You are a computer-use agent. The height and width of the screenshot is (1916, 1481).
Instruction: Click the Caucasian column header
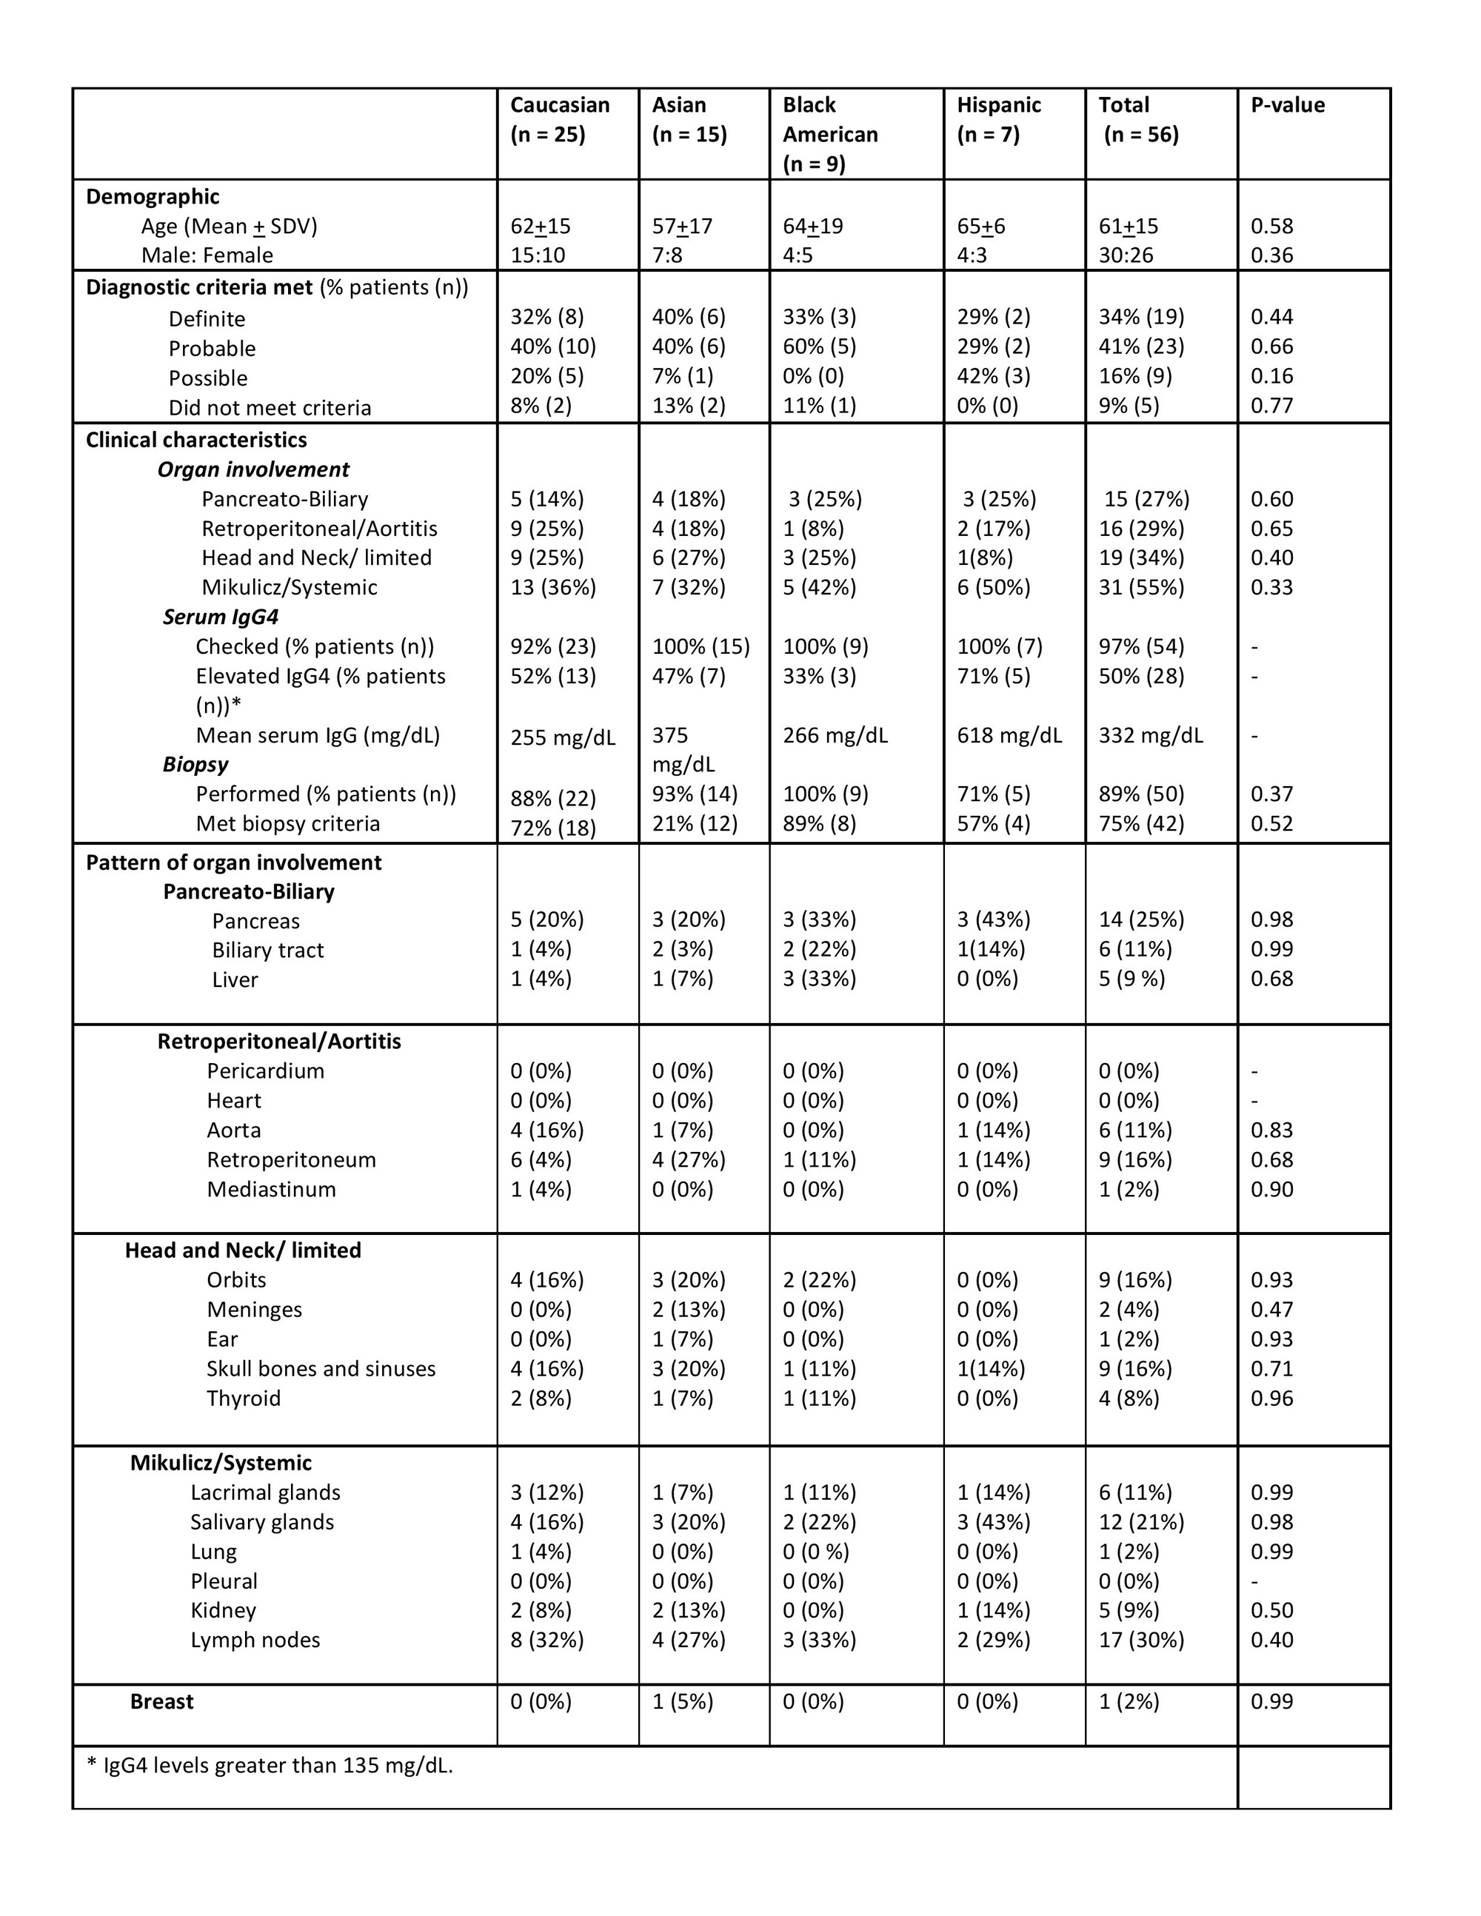click(560, 119)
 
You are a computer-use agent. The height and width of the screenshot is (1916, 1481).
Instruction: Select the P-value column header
click(1287, 105)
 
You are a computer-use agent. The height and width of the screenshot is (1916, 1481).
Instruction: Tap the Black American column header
click(830, 133)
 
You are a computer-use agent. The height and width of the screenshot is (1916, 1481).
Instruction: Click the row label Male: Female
click(207, 255)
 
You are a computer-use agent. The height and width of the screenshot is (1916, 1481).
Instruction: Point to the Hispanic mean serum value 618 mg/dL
click(1009, 735)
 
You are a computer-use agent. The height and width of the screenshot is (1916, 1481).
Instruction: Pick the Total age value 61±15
click(1129, 227)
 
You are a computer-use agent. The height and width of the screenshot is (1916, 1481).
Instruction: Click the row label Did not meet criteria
click(270, 408)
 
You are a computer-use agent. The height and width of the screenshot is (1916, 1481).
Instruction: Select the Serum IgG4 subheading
click(220, 617)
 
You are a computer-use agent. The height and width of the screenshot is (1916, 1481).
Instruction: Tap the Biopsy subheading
click(195, 764)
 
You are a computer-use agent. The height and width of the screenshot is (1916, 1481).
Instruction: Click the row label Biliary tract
click(267, 950)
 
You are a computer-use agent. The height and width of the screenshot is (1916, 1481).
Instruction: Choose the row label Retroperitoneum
click(291, 1160)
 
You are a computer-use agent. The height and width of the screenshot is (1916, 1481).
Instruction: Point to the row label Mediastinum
click(271, 1190)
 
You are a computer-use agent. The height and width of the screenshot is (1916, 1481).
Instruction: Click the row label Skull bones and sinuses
click(321, 1369)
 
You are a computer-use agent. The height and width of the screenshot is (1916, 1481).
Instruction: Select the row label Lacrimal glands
click(265, 1493)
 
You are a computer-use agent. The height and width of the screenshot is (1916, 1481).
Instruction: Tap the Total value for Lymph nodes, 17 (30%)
click(1141, 1640)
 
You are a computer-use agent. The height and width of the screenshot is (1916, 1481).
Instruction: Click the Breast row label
click(161, 1701)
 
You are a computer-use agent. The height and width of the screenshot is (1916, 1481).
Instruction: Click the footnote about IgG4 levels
click(270, 1765)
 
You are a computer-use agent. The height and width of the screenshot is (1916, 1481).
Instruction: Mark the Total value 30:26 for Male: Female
click(1126, 255)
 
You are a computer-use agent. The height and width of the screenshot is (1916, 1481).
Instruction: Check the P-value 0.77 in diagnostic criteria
click(1271, 405)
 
